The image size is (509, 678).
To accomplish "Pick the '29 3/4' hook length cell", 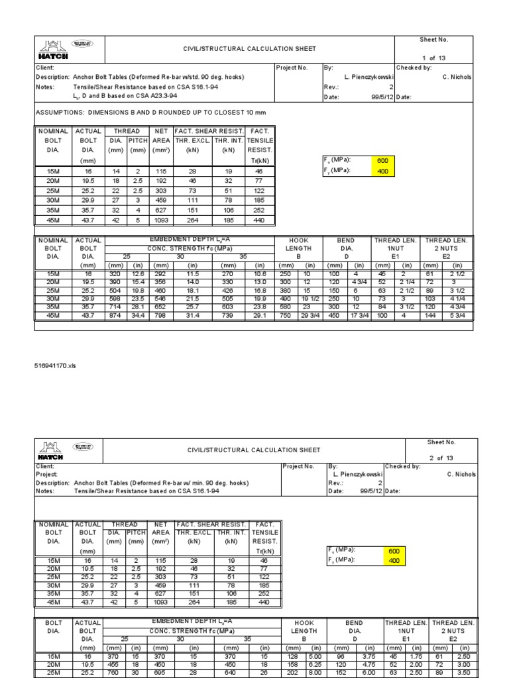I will point(310,316).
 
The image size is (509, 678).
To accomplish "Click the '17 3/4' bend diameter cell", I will point(357,316).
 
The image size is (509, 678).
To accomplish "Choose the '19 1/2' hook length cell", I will point(310,299).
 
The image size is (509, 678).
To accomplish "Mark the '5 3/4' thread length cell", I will point(457,316).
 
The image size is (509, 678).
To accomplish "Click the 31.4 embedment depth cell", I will point(193,316).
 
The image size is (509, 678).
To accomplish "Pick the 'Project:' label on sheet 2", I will point(46,474).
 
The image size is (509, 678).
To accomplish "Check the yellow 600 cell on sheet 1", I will point(386,160).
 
